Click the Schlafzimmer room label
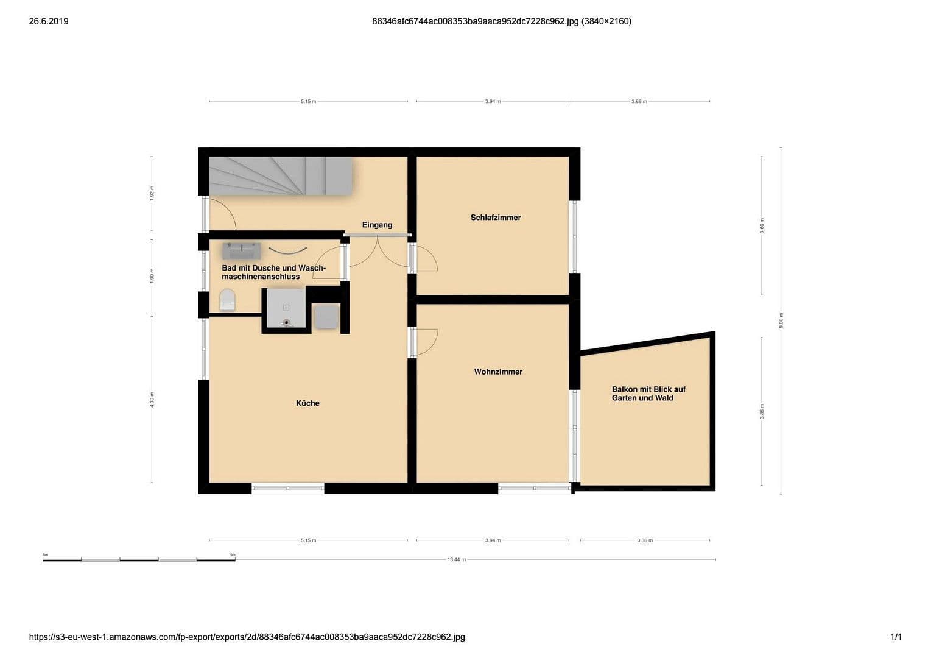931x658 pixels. (496, 218)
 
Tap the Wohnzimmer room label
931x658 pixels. (498, 372)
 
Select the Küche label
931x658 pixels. (307, 403)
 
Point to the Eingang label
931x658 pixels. (377, 225)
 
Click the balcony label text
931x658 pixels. (648, 394)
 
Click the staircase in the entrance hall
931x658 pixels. (281, 176)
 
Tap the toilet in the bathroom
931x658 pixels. (227, 300)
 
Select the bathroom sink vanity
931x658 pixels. (242, 250)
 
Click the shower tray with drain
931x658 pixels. (286, 308)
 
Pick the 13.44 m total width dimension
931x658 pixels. (456, 559)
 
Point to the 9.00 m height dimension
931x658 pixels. (781, 320)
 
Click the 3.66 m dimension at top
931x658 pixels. (639, 101)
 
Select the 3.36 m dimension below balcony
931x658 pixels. (645, 540)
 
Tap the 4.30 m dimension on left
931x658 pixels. (152, 399)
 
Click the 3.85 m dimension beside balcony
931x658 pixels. (762, 411)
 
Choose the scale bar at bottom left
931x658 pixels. (139, 559)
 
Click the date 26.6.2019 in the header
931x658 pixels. (49, 21)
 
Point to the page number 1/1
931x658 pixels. (896, 637)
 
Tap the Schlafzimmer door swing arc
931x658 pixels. (427, 259)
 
